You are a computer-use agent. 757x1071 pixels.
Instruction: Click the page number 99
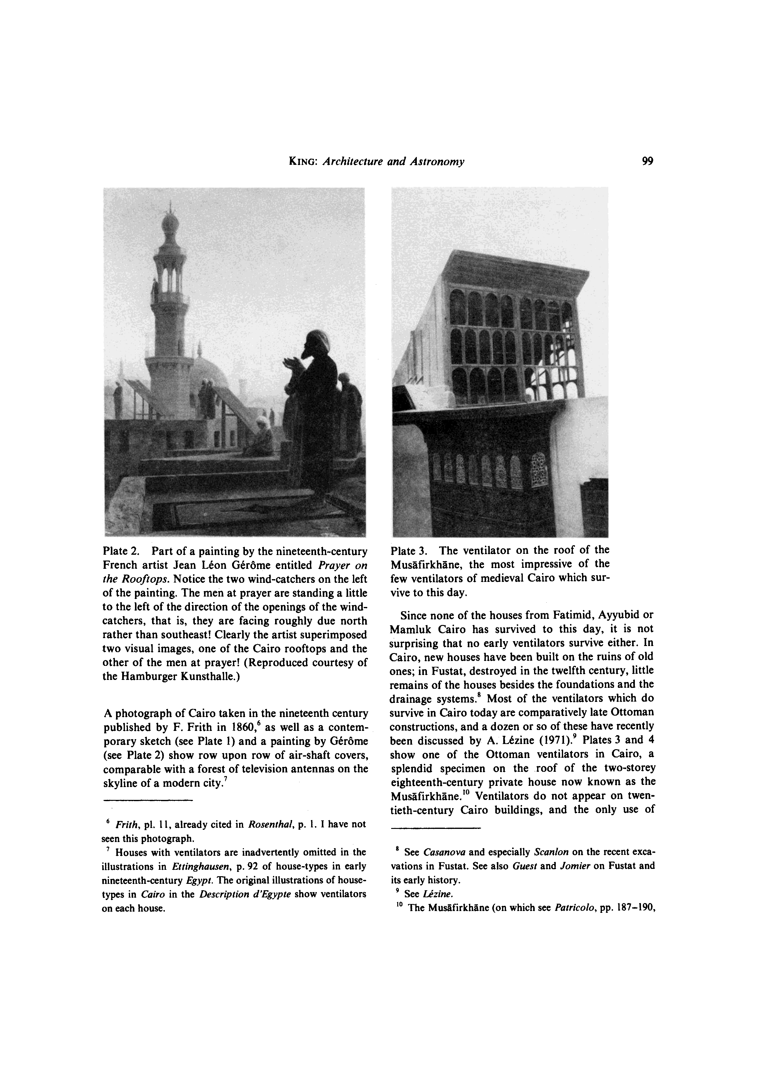(647, 162)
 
